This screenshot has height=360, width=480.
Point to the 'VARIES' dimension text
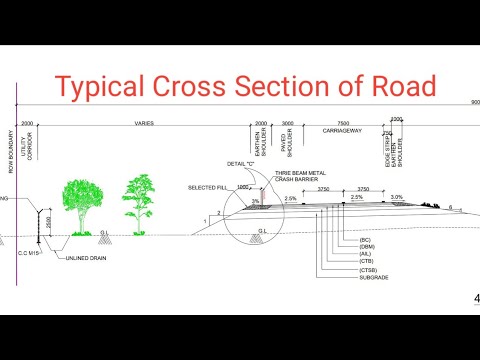coord(143,125)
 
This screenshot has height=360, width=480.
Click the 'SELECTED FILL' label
coord(208,187)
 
